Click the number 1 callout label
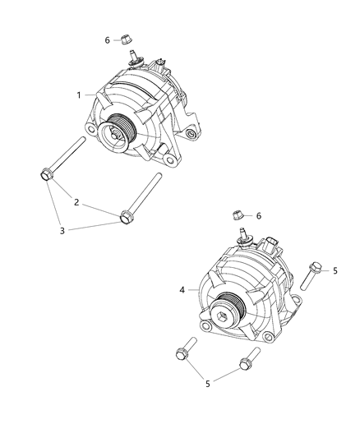[x=80, y=95]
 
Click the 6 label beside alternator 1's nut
[x=107, y=39]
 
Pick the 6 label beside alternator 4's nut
[x=258, y=215]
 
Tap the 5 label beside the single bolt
[x=335, y=270]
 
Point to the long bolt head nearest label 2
[x=127, y=216]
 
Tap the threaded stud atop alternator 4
[x=243, y=237]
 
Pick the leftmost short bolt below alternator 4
[x=182, y=354]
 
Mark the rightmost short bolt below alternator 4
[x=246, y=362]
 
